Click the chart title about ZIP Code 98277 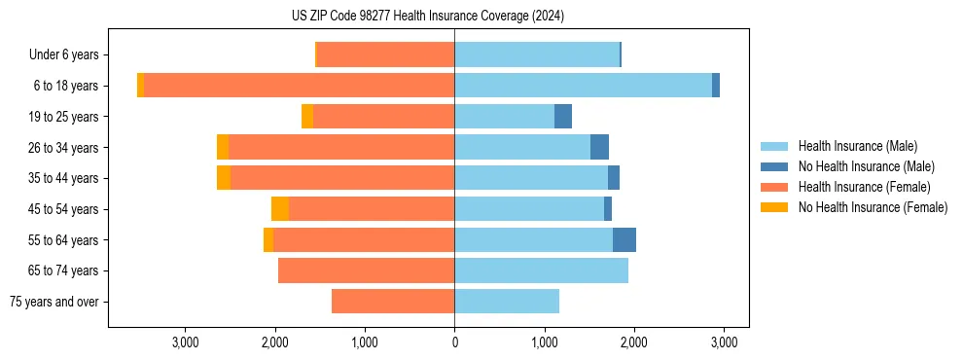coord(428,16)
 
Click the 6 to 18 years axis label coord(66,86)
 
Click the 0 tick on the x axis coord(454,342)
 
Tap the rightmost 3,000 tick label coord(723,342)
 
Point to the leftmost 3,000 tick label coord(186,342)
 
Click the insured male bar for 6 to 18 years coord(583,86)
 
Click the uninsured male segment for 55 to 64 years coord(624,240)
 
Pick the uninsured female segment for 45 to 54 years coord(280,209)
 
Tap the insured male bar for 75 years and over coord(507,302)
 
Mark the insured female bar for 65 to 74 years coord(366,270)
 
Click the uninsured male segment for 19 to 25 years coord(563,117)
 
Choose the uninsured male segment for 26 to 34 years coord(599,147)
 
